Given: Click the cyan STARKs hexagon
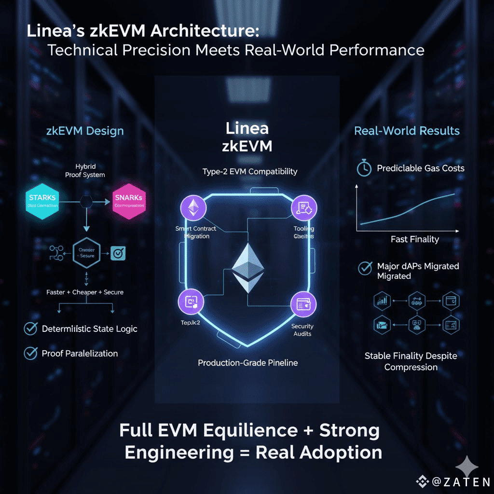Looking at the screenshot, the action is click(x=42, y=201).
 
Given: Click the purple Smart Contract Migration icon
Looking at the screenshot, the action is click(x=193, y=208).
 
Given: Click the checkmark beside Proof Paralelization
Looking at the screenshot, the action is click(x=30, y=354).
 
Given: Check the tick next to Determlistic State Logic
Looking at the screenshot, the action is click(x=30, y=329).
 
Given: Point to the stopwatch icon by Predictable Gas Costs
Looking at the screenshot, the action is click(x=363, y=168).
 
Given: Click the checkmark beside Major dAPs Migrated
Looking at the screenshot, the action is click(x=364, y=268).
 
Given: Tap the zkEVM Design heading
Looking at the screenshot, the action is click(x=85, y=131).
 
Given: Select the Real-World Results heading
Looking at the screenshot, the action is click(x=407, y=131).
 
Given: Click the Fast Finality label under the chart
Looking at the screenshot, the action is click(x=414, y=239).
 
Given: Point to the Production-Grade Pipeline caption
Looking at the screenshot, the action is click(x=247, y=362).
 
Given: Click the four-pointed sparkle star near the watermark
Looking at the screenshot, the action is click(x=467, y=466).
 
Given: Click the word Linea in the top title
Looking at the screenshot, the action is click(x=53, y=32).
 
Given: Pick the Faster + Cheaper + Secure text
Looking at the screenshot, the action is click(x=85, y=292).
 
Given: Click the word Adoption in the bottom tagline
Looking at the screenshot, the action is click(x=341, y=452).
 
